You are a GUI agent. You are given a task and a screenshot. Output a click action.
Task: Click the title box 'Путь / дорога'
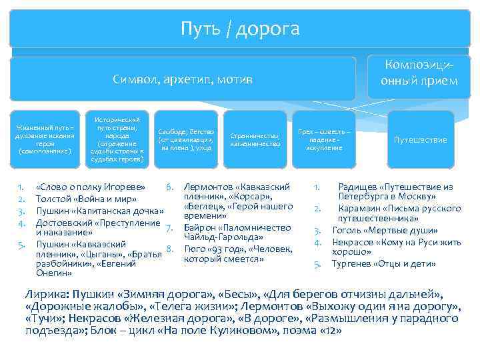coord(240,29)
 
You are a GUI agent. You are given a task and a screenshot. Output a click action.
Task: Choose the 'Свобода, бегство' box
coord(186,139)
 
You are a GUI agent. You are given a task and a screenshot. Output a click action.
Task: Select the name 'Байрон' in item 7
coord(199,227)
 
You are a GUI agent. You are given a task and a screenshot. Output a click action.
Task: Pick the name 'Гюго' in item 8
coord(195,249)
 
